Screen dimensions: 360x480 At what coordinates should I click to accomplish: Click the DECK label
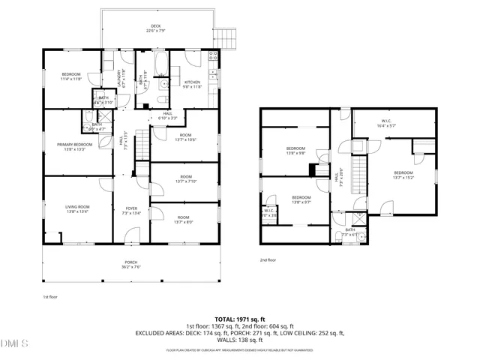[x=157, y=26]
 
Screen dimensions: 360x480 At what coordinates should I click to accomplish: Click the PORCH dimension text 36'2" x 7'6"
[x=131, y=266]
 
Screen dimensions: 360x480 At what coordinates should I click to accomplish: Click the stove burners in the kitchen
[x=214, y=56]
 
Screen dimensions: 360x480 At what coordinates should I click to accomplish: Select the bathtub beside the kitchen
[x=161, y=66]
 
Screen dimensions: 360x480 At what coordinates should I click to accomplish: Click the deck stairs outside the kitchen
[x=228, y=38]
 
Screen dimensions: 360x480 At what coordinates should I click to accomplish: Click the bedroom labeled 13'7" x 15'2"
[x=403, y=175]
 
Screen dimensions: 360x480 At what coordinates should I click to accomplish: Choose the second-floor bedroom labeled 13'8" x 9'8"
[x=295, y=152]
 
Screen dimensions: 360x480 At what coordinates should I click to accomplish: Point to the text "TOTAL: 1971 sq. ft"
[x=240, y=319]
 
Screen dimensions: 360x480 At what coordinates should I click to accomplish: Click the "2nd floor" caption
[x=268, y=259]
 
